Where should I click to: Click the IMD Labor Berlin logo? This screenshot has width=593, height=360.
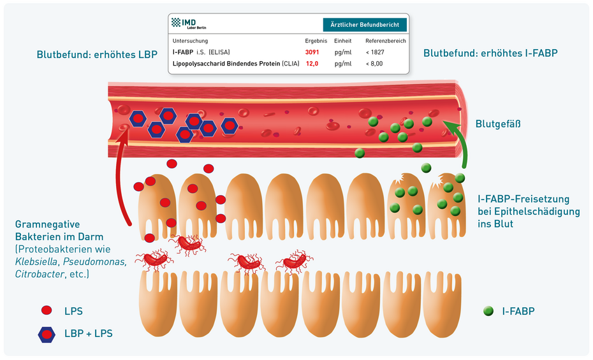(x=189, y=24)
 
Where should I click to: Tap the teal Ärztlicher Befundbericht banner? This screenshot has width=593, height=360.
(x=365, y=25)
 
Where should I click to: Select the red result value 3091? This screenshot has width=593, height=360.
(x=312, y=52)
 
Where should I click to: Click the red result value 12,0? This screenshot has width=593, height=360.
(x=312, y=64)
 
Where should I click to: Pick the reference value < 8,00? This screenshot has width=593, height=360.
(x=374, y=64)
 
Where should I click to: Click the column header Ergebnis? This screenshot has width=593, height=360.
(x=316, y=41)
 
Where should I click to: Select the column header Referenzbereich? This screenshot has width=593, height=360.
(x=386, y=41)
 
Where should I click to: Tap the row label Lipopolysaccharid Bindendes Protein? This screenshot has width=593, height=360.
(x=226, y=64)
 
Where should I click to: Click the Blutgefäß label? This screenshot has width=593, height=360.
(x=498, y=124)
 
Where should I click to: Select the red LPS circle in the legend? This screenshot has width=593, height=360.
(x=46, y=311)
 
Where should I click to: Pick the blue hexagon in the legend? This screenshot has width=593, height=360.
(x=46, y=333)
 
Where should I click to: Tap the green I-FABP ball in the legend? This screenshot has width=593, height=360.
(x=489, y=311)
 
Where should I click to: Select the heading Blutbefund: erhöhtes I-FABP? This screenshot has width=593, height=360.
(x=490, y=54)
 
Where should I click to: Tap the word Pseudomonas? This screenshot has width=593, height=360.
(x=97, y=261)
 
